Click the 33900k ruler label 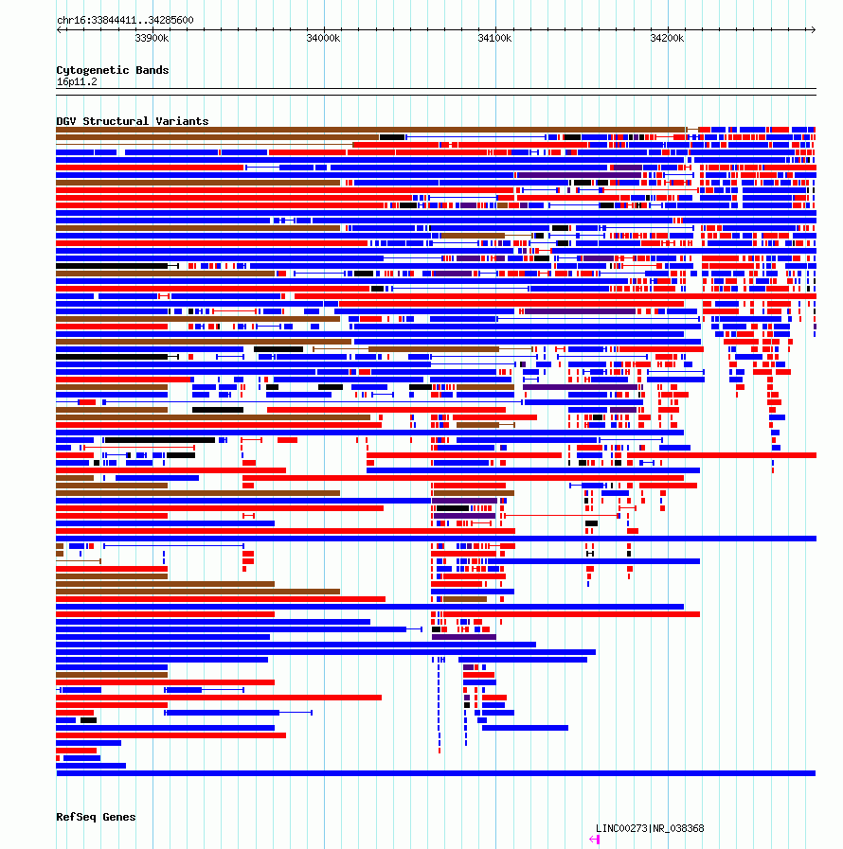[x=152, y=38]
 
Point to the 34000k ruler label [x=323, y=38]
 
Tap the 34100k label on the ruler [x=494, y=38]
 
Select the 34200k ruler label [x=667, y=38]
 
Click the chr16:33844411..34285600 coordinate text [x=125, y=20]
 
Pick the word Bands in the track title [x=152, y=70]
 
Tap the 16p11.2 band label [x=77, y=81]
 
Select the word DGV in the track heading [x=66, y=121]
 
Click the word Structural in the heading [x=116, y=121]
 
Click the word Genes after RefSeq [x=119, y=817]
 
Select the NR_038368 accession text [x=678, y=828]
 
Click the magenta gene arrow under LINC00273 [x=594, y=840]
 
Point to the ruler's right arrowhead [x=814, y=29]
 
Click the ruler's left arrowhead [x=59, y=29]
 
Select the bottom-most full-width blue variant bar [x=436, y=773]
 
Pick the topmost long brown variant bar [x=370, y=130]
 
